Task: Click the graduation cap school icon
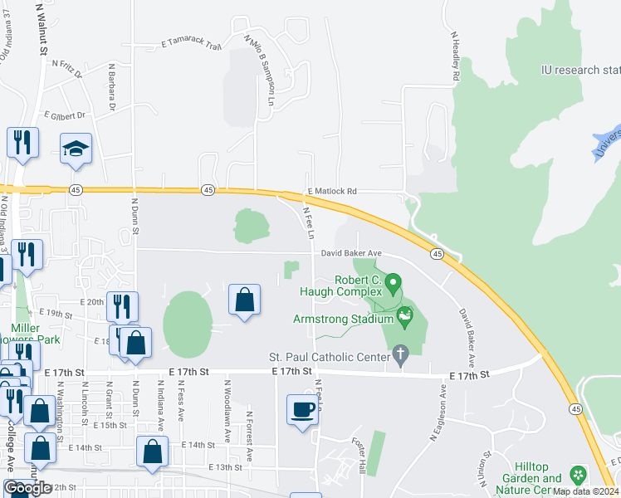tap(76, 149)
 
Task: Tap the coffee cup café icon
tap(302, 409)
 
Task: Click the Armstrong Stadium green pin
tap(405, 315)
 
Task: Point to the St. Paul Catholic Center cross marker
tap(400, 355)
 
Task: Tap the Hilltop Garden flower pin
tap(578, 476)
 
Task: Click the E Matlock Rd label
tap(332, 191)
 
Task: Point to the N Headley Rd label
tap(455, 56)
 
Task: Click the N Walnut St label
tap(41, 29)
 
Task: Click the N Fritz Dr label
tap(67, 67)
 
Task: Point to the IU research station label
tap(579, 70)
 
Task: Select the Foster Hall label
tap(359, 455)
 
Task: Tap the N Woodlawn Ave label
tap(227, 408)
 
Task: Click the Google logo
tap(27, 488)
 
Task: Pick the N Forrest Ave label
tap(248, 434)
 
